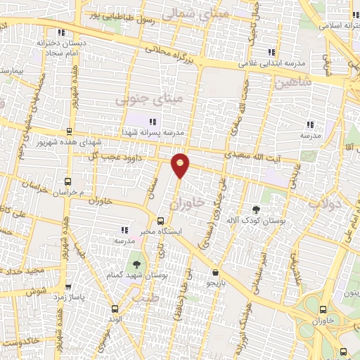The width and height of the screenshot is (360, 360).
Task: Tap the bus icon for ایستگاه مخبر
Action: coord(160,220)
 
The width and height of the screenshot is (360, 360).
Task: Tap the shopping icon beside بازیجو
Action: coord(214,272)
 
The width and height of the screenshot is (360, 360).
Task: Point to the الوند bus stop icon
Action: coord(116,308)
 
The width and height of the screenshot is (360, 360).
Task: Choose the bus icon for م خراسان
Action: coord(67,181)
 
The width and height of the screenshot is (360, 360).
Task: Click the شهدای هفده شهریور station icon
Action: coord(68,131)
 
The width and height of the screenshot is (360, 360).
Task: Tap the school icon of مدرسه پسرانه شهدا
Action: coord(153,122)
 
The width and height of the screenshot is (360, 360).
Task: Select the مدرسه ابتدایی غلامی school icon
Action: coord(271,52)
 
